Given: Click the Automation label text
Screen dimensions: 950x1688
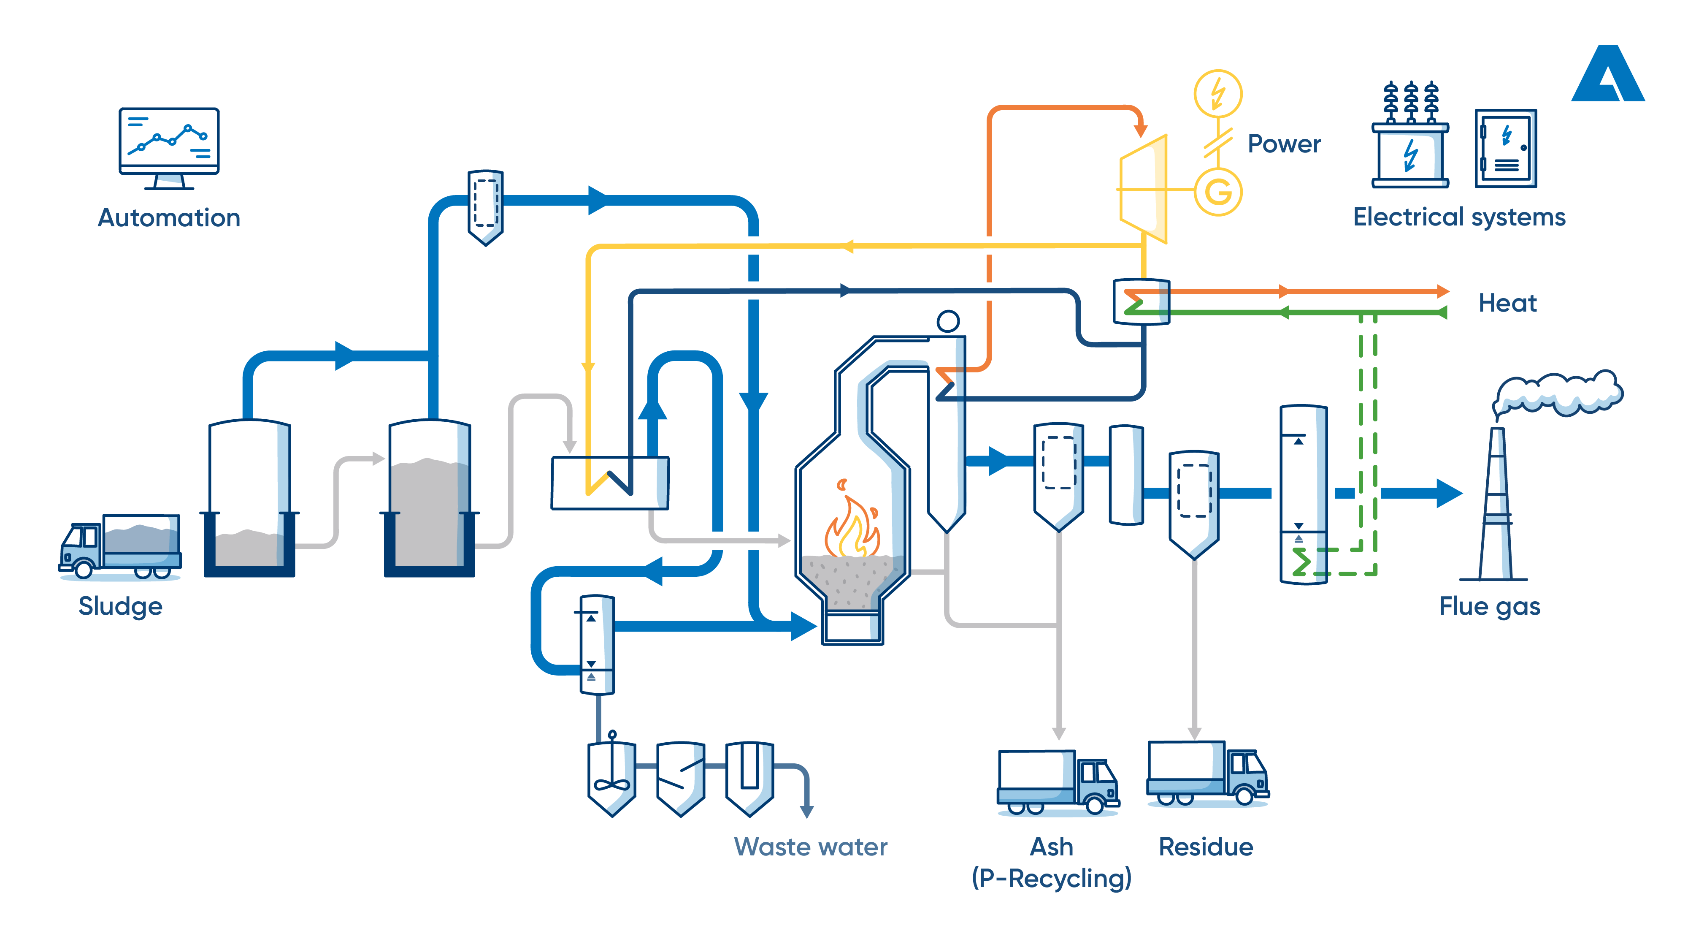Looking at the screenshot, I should click(x=169, y=218).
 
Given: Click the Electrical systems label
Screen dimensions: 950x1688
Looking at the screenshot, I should click(x=1459, y=217).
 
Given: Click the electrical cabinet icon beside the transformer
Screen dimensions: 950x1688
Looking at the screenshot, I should click(x=1505, y=149).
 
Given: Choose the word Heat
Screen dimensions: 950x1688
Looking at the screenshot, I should click(x=1507, y=303).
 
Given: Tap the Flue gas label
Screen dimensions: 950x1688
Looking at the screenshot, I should click(x=1490, y=606).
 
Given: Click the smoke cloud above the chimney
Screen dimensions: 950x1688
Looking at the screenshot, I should click(x=1560, y=394).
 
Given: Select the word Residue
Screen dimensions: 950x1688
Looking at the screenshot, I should click(x=1206, y=847).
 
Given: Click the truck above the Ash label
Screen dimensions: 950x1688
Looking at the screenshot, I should click(x=1057, y=782).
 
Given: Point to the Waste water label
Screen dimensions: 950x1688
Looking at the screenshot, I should click(x=811, y=847).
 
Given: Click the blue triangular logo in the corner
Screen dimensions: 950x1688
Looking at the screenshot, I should click(x=1607, y=76).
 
